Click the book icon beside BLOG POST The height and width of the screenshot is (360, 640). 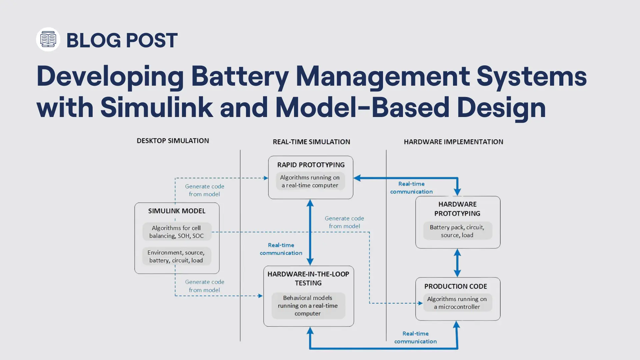coord(48,39)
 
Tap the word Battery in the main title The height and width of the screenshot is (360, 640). coord(239,76)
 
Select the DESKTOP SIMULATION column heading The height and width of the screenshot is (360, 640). coord(173,141)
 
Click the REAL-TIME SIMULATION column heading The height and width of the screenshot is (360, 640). coord(311,142)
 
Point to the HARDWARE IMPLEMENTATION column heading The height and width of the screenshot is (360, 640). coord(453,142)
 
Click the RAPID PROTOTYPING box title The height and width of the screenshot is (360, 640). coord(311,165)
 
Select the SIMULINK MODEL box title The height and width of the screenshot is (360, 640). coord(177,211)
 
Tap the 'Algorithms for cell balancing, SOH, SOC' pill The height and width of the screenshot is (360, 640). coord(177,232)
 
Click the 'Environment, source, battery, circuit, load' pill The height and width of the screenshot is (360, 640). coord(176,256)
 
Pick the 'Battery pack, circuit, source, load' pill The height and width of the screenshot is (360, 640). coord(457,231)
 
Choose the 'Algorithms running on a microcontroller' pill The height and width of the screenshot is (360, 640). coord(457,303)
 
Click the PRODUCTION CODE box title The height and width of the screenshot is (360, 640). coord(455,286)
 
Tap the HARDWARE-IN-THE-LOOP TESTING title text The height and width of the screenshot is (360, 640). coord(308,278)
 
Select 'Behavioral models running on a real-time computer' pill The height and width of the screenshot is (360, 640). coord(308,306)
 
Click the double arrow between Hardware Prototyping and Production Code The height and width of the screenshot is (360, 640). coord(457,263)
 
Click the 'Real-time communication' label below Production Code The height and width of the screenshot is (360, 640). coord(415,337)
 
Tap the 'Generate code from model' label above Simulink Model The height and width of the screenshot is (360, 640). coord(204,190)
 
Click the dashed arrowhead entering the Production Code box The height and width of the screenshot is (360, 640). coord(420,303)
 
